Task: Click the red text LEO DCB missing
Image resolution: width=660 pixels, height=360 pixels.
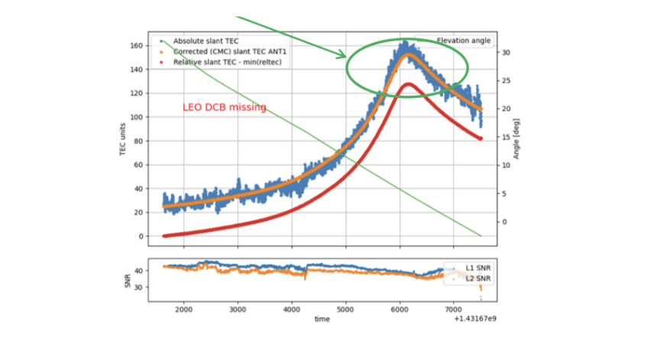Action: pos(225,108)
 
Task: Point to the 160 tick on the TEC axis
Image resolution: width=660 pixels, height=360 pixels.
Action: pos(137,46)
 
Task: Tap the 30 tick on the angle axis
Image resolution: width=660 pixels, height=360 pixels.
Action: pos(506,53)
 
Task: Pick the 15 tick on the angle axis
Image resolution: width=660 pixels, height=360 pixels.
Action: pos(506,138)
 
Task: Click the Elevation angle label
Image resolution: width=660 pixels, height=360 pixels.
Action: pos(464,41)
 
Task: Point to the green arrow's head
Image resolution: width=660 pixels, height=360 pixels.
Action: pos(345,56)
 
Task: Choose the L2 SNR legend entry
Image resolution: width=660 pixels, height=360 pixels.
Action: pos(478,279)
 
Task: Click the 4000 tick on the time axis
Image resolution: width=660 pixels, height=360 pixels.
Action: pos(292,310)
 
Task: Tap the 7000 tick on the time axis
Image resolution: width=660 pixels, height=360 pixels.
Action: pos(455,310)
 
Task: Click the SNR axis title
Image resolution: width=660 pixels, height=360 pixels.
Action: pos(128,281)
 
